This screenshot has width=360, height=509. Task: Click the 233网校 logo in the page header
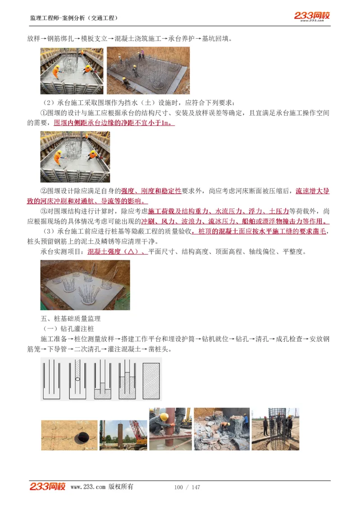coord(312,16)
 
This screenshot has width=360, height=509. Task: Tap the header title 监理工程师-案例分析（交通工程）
coord(74,18)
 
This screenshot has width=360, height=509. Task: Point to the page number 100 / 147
coord(187,487)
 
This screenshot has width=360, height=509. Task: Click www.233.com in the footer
coord(88,487)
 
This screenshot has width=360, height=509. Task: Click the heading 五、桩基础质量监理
coord(71,319)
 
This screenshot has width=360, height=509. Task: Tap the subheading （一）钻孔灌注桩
coord(67,329)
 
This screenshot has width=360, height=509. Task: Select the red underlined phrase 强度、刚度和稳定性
coord(151,191)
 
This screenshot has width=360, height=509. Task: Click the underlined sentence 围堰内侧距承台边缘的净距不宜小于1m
coord(114,123)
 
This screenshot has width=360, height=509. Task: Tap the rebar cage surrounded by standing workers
coord(276,423)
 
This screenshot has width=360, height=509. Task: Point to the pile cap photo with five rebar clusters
coord(85,285)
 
